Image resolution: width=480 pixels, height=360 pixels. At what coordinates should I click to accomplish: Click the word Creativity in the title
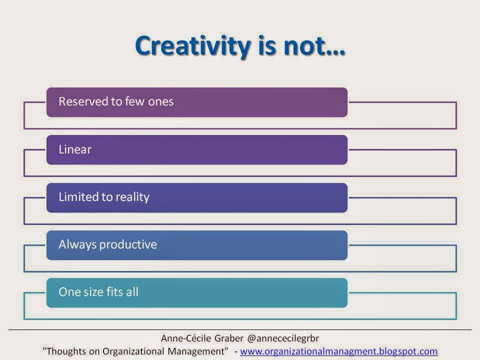[193, 46]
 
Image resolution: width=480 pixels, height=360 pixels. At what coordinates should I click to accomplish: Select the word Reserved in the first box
[83, 101]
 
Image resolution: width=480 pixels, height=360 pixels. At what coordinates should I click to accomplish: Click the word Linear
[75, 149]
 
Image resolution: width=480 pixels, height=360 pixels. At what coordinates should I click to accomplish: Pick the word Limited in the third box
[78, 197]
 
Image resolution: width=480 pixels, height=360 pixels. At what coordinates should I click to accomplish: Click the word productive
[128, 245]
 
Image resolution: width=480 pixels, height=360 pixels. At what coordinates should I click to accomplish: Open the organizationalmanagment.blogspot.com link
[338, 351]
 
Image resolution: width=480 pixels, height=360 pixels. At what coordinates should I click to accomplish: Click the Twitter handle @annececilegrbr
[283, 338]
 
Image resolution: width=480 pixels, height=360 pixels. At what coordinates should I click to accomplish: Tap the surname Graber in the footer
[229, 338]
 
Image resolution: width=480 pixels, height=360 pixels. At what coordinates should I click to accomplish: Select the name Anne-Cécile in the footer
[186, 338]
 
